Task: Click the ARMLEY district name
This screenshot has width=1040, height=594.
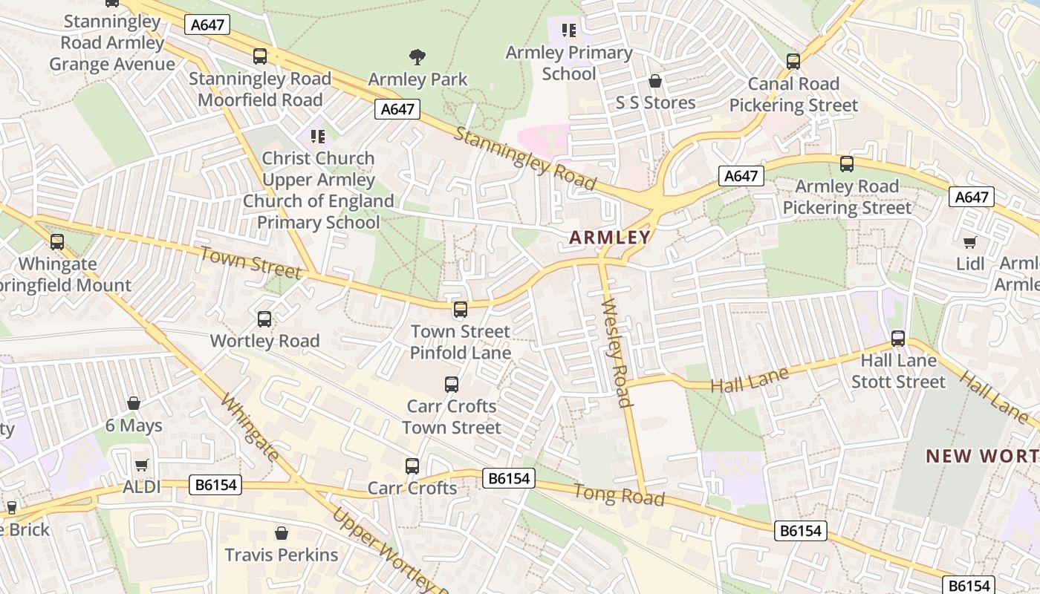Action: tap(609, 238)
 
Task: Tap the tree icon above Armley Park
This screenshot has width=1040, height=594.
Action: tap(417, 56)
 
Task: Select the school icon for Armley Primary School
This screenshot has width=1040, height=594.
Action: tap(569, 30)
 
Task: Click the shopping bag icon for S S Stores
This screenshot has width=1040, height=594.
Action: tap(655, 80)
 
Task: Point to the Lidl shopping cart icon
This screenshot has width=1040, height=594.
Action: tap(969, 242)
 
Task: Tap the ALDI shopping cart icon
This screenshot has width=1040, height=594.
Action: tap(142, 466)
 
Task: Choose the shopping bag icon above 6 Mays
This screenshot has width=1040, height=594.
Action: tap(134, 403)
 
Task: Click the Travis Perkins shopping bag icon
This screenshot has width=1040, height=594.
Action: tap(282, 533)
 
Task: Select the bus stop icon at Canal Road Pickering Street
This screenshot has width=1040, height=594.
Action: tap(793, 62)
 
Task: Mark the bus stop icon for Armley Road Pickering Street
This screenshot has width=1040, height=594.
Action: tap(846, 164)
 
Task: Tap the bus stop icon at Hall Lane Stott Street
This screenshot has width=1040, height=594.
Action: tap(898, 339)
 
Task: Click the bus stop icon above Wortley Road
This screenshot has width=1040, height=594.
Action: tap(264, 319)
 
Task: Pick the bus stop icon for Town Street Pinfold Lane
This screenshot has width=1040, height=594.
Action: tap(461, 310)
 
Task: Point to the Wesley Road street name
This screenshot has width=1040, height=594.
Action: tap(617, 353)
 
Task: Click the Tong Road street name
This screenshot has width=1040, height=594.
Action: tap(619, 495)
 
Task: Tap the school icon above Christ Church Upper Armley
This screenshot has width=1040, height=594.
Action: tap(318, 137)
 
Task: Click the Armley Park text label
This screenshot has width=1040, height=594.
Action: tap(417, 79)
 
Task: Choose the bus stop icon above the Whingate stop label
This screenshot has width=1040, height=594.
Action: tap(57, 242)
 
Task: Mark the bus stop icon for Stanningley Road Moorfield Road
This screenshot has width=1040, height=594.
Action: tap(260, 56)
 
